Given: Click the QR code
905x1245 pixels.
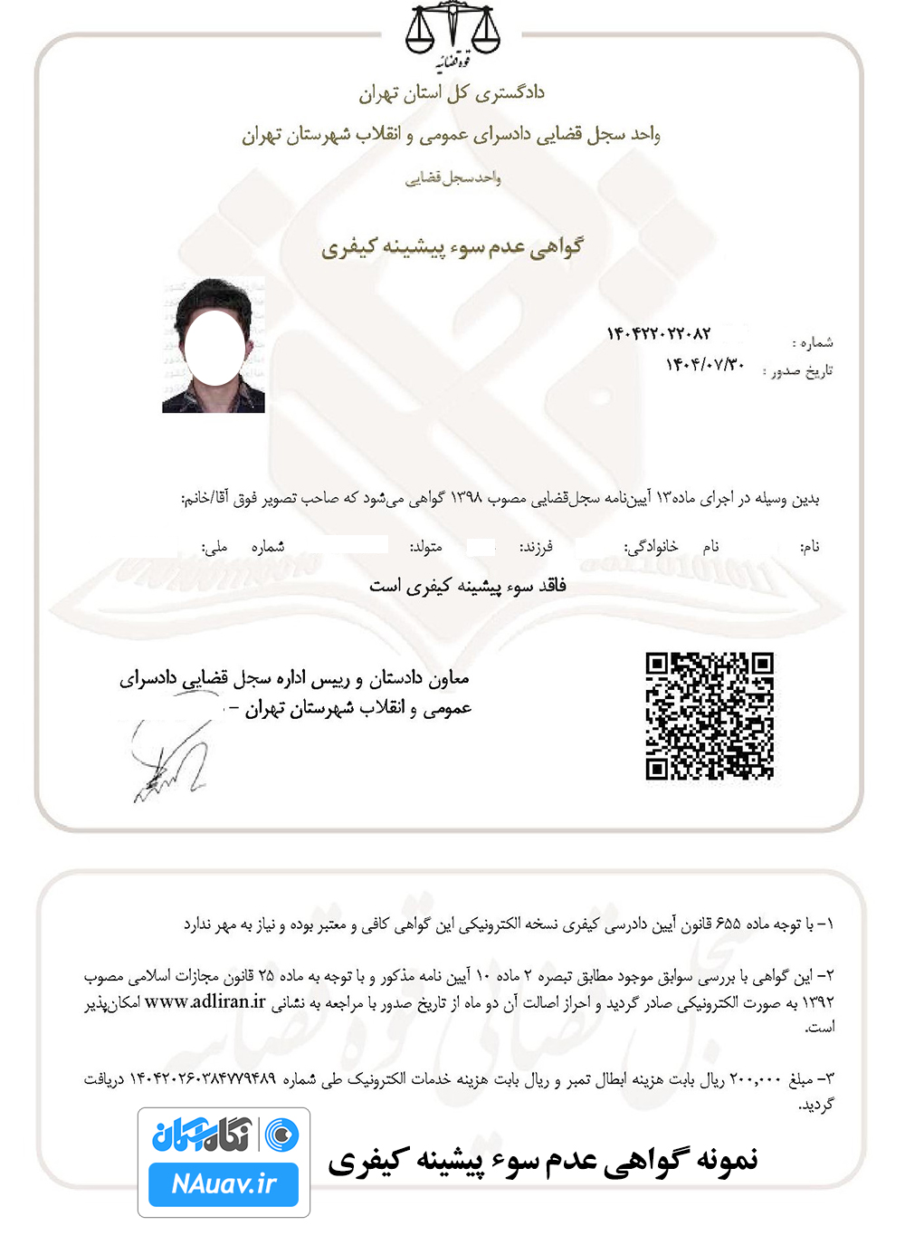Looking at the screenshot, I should click(x=710, y=715).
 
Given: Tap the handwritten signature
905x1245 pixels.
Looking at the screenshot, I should click(x=172, y=763).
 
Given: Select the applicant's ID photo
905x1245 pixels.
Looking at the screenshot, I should click(x=214, y=345).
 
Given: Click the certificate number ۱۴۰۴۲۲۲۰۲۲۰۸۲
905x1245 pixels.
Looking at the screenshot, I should click(x=659, y=334).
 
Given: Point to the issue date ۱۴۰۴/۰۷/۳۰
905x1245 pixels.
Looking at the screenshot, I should click(x=705, y=364).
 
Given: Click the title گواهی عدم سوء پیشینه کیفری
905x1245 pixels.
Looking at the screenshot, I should click(x=452, y=247).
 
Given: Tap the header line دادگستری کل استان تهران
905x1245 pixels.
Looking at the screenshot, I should click(x=452, y=93).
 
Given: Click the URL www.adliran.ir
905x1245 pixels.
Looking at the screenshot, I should click(x=205, y=1001).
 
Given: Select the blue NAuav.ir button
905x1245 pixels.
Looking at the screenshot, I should click(x=224, y=1184).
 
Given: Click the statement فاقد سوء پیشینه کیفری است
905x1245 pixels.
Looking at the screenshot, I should click(x=467, y=587).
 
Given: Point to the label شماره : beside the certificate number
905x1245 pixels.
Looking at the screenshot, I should click(x=813, y=342).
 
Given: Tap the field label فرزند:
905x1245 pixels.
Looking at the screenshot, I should click(x=536, y=547).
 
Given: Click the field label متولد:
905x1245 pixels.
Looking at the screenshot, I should click(x=425, y=547).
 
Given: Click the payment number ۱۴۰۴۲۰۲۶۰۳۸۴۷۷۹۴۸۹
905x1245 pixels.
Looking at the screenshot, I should click(x=203, y=1079).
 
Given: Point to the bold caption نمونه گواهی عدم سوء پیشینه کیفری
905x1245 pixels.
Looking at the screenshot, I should click(x=543, y=1161).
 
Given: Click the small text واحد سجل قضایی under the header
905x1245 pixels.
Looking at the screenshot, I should click(x=452, y=177).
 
